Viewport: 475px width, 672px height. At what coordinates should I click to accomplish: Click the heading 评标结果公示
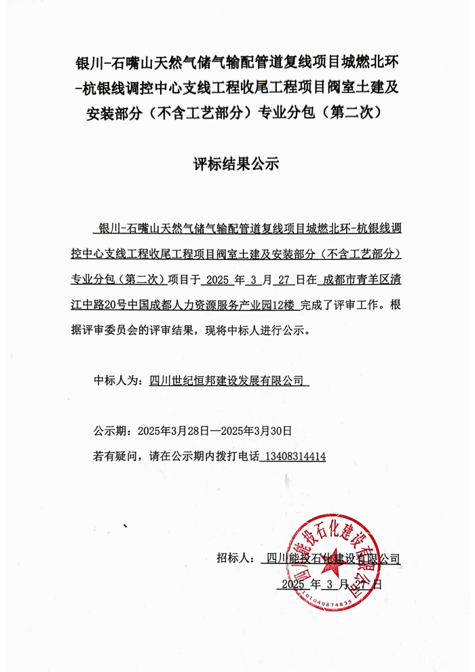[x=236, y=164]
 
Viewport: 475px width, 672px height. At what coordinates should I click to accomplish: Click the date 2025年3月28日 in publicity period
[x=173, y=430]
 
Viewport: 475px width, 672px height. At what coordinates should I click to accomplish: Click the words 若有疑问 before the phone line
[x=112, y=457]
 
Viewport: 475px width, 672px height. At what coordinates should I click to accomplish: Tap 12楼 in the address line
[x=284, y=305]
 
